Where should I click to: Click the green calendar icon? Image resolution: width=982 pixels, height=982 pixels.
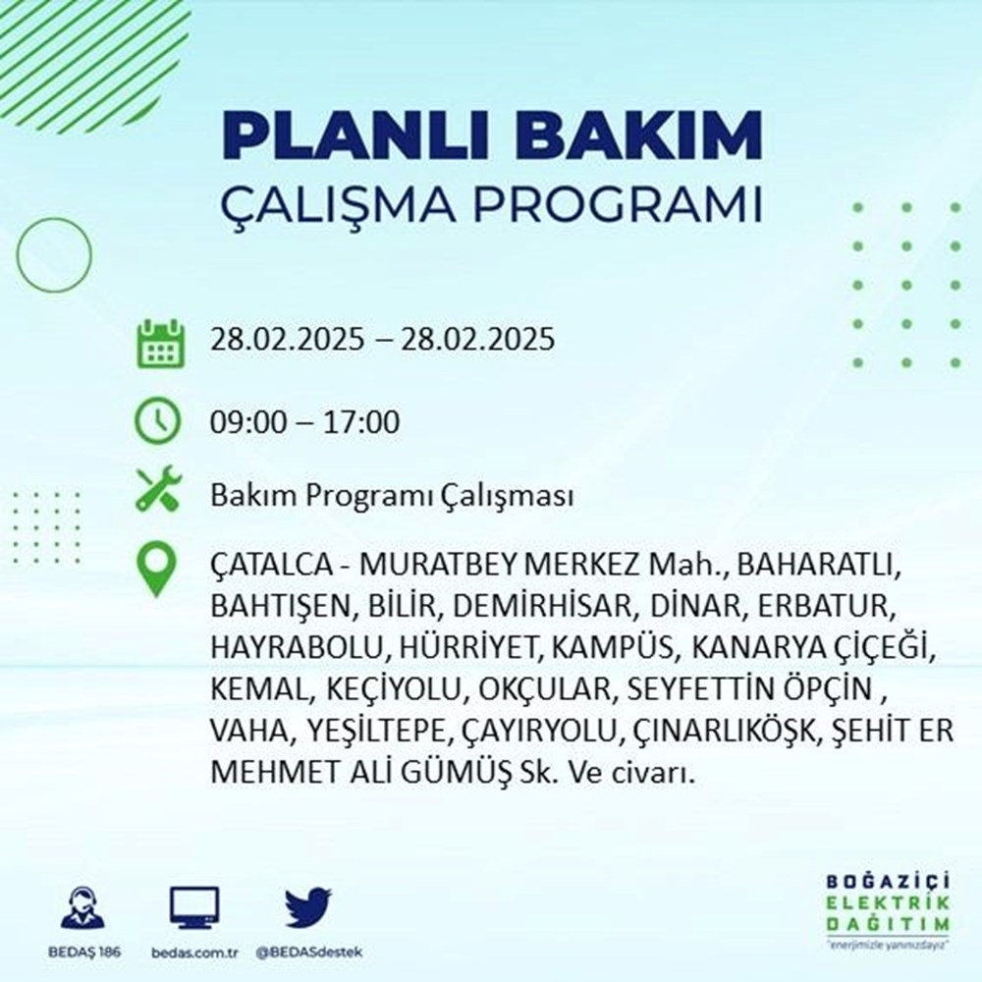click(159, 343)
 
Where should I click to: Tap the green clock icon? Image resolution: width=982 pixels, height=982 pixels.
click(158, 422)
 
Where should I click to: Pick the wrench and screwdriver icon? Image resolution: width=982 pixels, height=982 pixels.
click(158, 489)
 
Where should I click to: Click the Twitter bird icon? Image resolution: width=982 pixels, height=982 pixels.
click(308, 908)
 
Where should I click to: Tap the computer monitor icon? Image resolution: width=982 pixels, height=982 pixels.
click(194, 908)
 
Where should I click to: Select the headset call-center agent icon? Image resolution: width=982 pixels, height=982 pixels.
click(82, 909)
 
